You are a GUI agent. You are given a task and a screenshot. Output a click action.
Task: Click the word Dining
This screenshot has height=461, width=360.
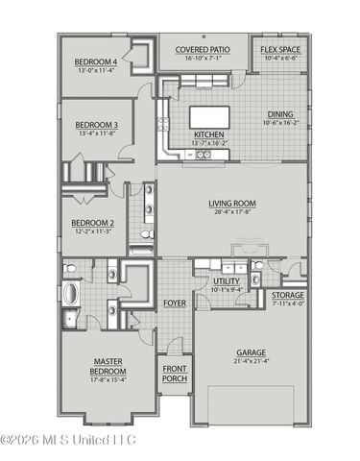[280, 114]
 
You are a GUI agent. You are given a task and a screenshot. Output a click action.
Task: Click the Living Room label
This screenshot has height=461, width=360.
[232, 203]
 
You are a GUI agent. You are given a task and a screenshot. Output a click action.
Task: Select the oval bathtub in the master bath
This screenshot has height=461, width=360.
[73, 293]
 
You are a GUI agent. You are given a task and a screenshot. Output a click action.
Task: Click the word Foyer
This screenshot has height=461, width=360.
[174, 303]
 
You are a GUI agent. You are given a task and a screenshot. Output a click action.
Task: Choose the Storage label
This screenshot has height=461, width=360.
[288, 296]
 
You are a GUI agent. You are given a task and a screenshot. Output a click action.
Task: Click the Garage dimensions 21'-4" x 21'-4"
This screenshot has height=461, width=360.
[252, 361]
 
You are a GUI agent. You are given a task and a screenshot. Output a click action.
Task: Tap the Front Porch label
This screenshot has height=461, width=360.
[175, 374]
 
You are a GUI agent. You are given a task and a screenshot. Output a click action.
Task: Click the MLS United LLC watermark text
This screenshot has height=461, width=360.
[68, 441]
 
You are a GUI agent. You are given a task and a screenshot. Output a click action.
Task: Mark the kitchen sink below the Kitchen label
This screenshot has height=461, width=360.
[203, 154]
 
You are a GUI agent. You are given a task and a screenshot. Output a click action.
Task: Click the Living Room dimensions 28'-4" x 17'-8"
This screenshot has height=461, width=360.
[232, 212]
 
